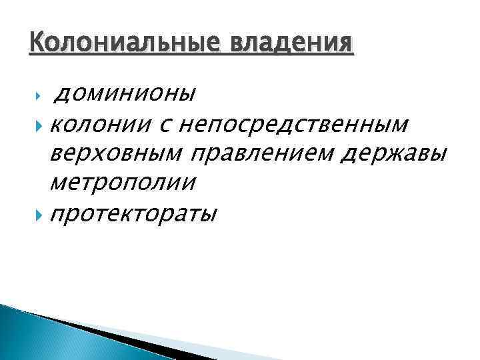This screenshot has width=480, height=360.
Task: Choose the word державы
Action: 387,153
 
